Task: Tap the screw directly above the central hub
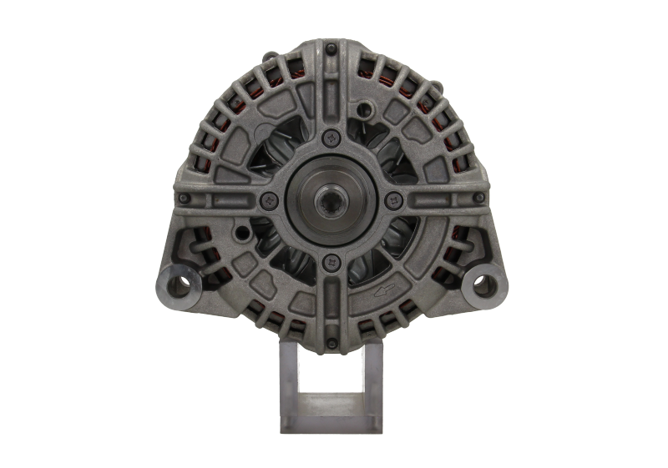331,137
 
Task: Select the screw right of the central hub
393,199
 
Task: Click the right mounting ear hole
481,281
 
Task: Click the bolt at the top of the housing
331,52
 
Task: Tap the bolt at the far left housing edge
183,199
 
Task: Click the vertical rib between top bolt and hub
331,96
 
